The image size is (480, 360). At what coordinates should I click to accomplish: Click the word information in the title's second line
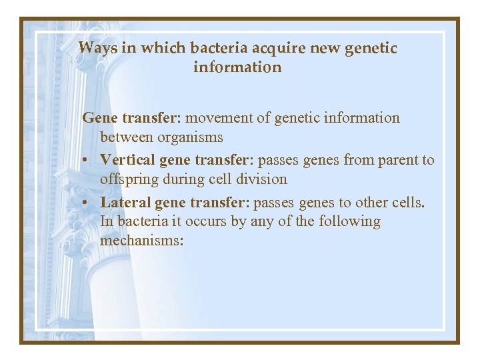click(x=237, y=67)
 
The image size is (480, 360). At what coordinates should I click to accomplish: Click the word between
click(x=127, y=137)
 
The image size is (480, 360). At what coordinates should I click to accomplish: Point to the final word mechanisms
click(x=141, y=240)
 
